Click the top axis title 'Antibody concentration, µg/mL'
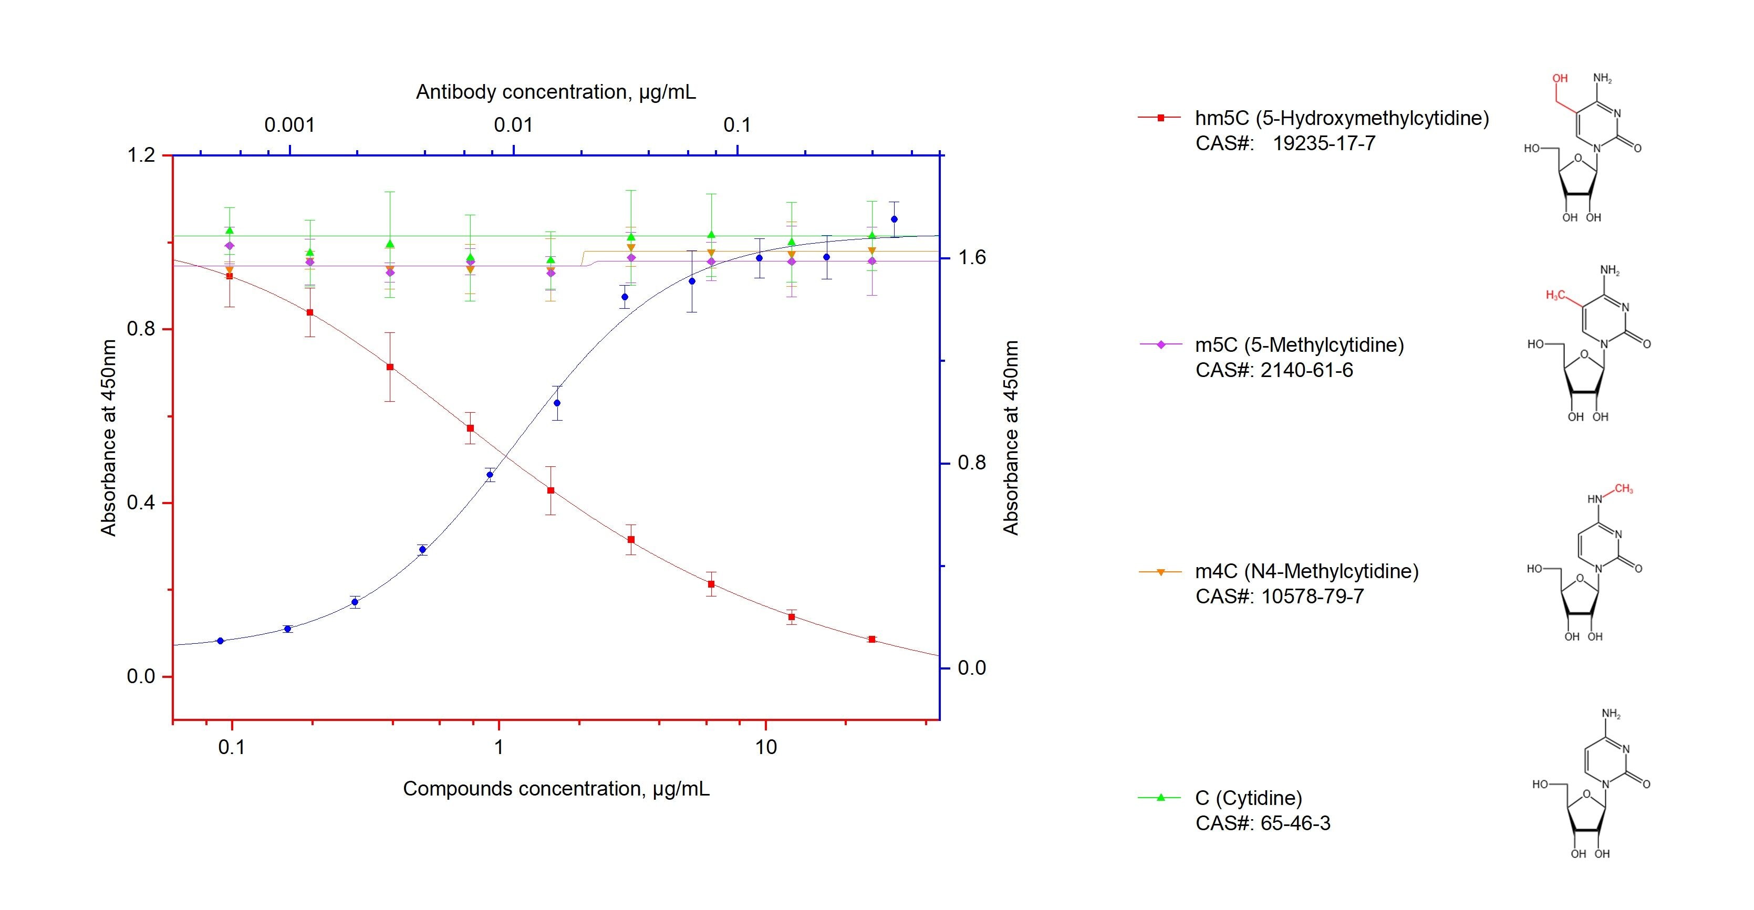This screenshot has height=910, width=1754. click(x=556, y=92)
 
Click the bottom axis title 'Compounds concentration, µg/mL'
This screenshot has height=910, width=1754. click(x=556, y=789)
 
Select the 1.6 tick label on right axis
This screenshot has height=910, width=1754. click(x=972, y=257)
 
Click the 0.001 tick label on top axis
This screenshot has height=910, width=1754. click(x=289, y=125)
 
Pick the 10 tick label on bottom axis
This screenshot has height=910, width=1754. click(x=765, y=747)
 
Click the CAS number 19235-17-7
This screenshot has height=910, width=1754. click(x=1324, y=143)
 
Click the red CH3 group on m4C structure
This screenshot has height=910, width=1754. click(x=1623, y=489)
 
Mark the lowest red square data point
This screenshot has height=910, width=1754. click(x=871, y=639)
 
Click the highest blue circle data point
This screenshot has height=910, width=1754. click(x=894, y=219)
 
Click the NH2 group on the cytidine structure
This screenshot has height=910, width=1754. click(x=1611, y=715)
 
